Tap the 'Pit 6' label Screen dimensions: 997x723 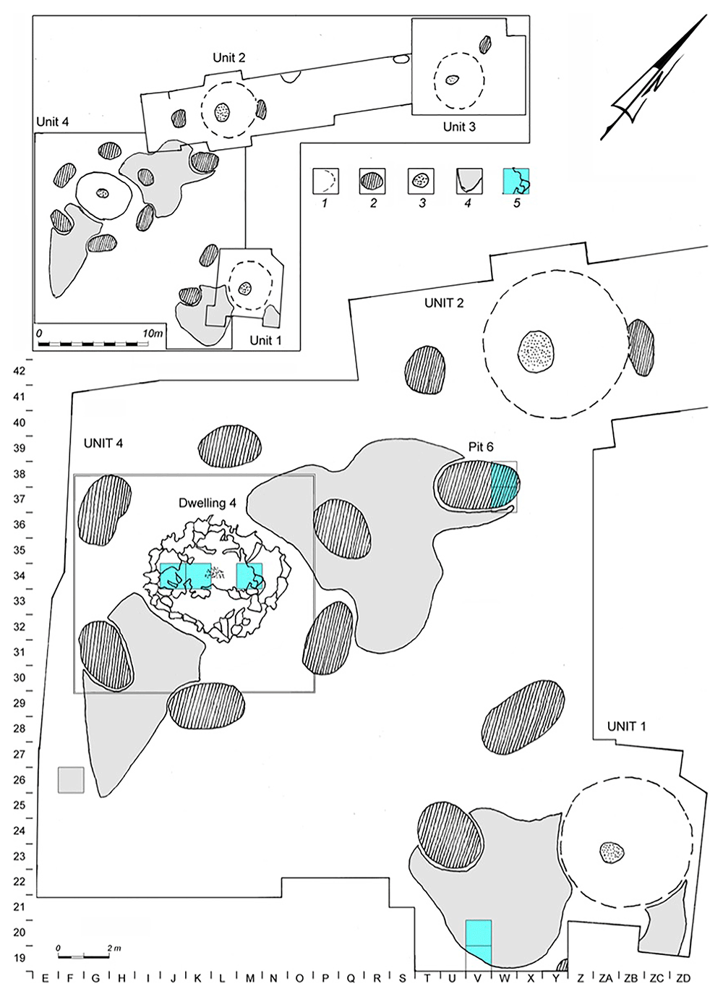pyautogui.click(x=481, y=447)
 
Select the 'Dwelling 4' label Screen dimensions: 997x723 pyautogui.click(x=208, y=503)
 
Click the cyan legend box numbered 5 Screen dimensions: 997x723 pyautogui.click(x=515, y=181)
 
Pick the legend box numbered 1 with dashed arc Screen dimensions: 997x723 pyautogui.click(x=325, y=181)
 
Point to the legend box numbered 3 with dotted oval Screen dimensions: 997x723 pyautogui.click(x=421, y=181)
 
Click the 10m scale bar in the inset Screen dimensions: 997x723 pyautogui.click(x=93, y=343)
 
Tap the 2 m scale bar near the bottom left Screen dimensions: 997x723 pyautogui.click(x=82, y=956)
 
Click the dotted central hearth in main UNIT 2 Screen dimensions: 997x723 pyautogui.click(x=536, y=352)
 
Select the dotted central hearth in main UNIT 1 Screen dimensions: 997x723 pyautogui.click(x=612, y=852)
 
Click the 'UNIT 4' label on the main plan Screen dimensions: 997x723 pyautogui.click(x=103, y=444)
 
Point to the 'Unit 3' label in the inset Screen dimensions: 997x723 pyautogui.click(x=459, y=127)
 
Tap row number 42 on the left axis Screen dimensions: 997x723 pyautogui.click(x=20, y=371)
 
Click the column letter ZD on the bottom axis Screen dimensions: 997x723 pyautogui.click(x=683, y=978)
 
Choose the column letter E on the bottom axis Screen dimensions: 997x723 pyautogui.click(x=45, y=978)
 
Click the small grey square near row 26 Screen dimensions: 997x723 pyautogui.click(x=71, y=780)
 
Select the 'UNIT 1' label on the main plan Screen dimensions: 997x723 pyautogui.click(x=627, y=726)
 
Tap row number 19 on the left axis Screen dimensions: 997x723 pyautogui.click(x=20, y=958)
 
